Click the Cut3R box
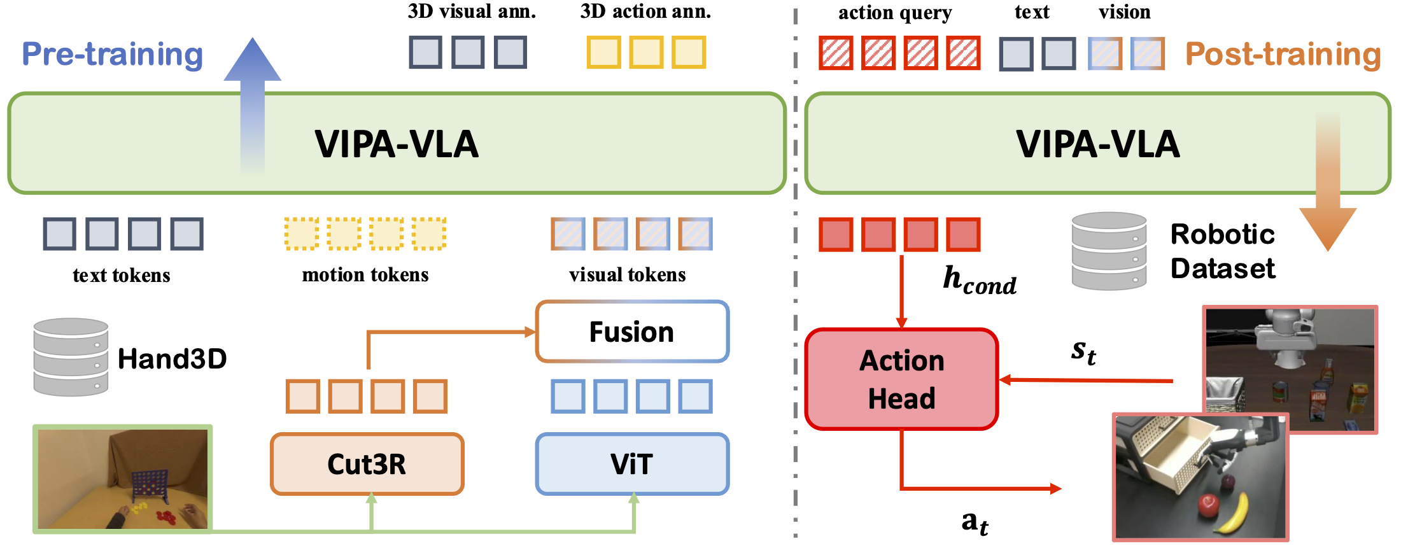pyautogui.click(x=367, y=464)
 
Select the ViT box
pyautogui.click(x=632, y=464)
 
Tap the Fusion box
pyautogui.click(x=632, y=332)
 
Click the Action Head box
pyautogui.click(x=901, y=379)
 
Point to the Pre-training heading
pyautogui.click(x=113, y=54)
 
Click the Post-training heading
pyautogui.click(x=1283, y=55)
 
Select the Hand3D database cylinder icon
pyautogui.click(x=71, y=357)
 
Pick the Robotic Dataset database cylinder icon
pyautogui.click(x=1109, y=251)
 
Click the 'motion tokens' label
pyautogui.click(x=365, y=275)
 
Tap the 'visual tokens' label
pyautogui.click(x=627, y=275)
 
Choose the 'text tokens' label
pyautogui.click(x=121, y=276)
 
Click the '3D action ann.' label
pyautogui.click(x=645, y=11)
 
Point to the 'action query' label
pyautogui.click(x=894, y=13)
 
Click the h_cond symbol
pyautogui.click(x=979, y=281)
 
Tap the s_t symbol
pyautogui.click(x=1083, y=351)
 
